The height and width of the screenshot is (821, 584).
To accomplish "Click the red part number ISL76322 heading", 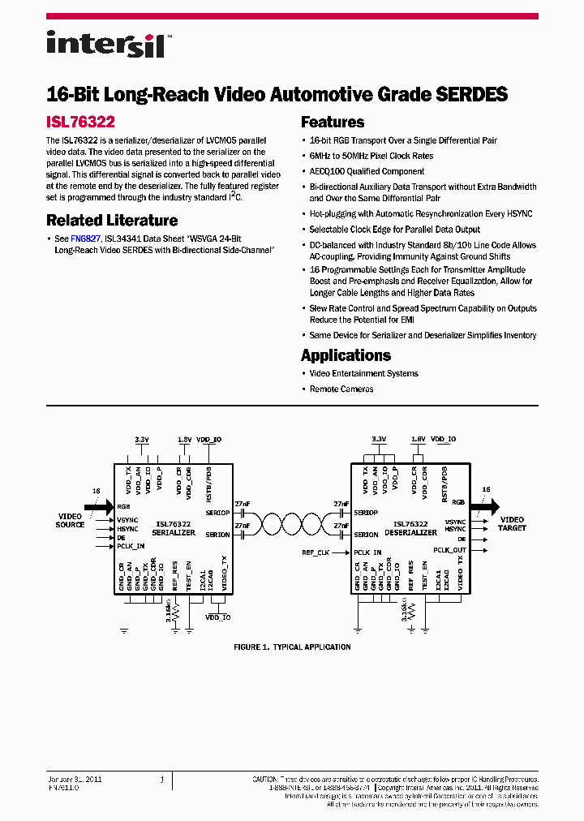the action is click(x=80, y=123).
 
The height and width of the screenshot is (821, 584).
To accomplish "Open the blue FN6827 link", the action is click(x=85, y=239).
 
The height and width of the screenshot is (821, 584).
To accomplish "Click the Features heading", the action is click(x=333, y=123).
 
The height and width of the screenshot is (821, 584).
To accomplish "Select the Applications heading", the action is click(x=346, y=355).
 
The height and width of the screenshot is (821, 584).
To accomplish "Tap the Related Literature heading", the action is click(x=112, y=220).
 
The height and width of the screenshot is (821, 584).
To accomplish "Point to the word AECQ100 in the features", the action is click(x=328, y=171).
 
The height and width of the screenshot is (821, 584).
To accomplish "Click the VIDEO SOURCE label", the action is click(x=70, y=520).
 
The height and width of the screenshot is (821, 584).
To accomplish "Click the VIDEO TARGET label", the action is click(x=512, y=523).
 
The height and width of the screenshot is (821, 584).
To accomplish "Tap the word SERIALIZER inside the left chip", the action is click(x=174, y=533).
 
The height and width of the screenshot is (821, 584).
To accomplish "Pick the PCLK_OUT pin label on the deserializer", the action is click(x=449, y=550).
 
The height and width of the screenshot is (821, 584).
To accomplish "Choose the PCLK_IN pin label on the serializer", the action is click(x=131, y=546).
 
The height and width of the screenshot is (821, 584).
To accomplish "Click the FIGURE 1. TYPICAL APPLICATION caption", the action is click(x=292, y=647).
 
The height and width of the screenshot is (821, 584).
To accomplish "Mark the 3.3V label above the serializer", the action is click(x=141, y=439).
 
